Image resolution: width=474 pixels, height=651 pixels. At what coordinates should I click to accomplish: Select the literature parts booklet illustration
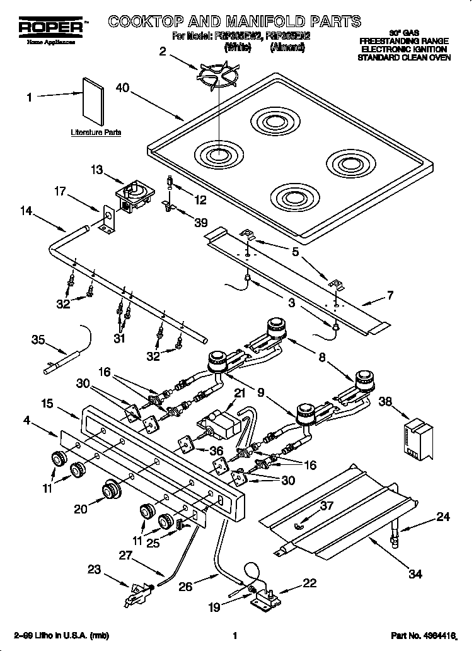click(x=94, y=102)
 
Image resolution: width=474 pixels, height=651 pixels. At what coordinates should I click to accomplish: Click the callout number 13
click(x=96, y=170)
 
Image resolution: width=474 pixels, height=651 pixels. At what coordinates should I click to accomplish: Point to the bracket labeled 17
click(x=108, y=220)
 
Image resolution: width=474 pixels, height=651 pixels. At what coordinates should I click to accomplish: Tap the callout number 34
click(x=414, y=573)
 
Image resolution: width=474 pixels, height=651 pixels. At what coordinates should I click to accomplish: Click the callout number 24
click(x=443, y=518)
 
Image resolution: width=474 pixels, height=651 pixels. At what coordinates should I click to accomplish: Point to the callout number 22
click(x=309, y=583)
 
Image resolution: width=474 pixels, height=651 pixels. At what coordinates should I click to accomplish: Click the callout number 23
click(x=94, y=570)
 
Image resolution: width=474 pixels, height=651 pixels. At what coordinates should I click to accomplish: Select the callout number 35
click(x=38, y=341)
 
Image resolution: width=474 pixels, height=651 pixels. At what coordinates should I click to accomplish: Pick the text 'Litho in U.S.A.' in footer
click(x=61, y=635)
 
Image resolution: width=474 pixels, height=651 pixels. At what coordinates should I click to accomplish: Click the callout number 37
click(x=326, y=505)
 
